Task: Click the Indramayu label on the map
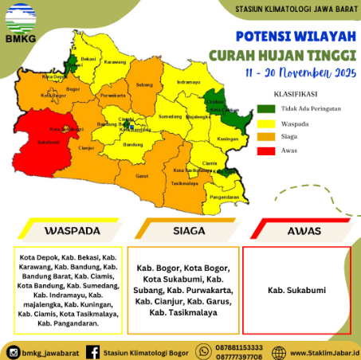pyautogui.click(x=189, y=82)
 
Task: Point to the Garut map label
pyautogui.click(x=142, y=174)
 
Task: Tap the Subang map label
pyautogui.click(x=144, y=84)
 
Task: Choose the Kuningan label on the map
pyautogui.click(x=229, y=138)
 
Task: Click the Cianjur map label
pyautogui.click(x=87, y=147)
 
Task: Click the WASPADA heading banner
pyautogui.click(x=72, y=230)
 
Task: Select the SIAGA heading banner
pyautogui.click(x=186, y=230)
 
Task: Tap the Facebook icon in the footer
pyautogui.click(x=92, y=350)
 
